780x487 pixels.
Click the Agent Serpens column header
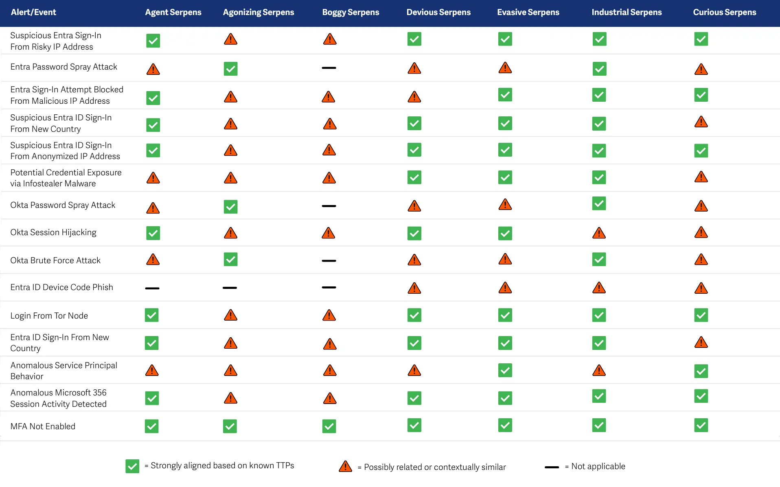point(173,12)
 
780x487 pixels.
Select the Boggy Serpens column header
point(351,12)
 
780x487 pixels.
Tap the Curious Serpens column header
point(725,12)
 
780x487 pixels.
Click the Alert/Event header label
point(33,12)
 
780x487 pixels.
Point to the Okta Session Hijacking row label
point(53,232)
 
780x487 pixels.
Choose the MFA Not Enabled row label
point(43,426)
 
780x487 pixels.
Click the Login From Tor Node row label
point(49,316)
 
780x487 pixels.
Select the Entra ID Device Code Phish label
point(62,287)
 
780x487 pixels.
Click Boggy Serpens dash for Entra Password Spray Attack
point(329,68)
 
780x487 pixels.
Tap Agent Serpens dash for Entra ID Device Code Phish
point(152,288)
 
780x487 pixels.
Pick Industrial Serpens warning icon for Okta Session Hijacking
point(599,233)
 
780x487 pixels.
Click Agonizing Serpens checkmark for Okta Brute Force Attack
point(230,259)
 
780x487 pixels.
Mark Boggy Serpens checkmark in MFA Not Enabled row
point(329,426)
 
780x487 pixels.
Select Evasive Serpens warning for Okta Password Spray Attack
point(505,204)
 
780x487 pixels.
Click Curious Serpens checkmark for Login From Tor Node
point(701,315)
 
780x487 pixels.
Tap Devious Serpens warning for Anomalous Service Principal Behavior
point(414,370)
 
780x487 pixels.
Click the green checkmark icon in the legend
point(132,466)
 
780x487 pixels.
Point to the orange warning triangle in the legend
point(345,466)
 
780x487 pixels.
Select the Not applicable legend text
point(598,466)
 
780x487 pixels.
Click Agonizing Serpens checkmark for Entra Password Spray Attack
point(230,69)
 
